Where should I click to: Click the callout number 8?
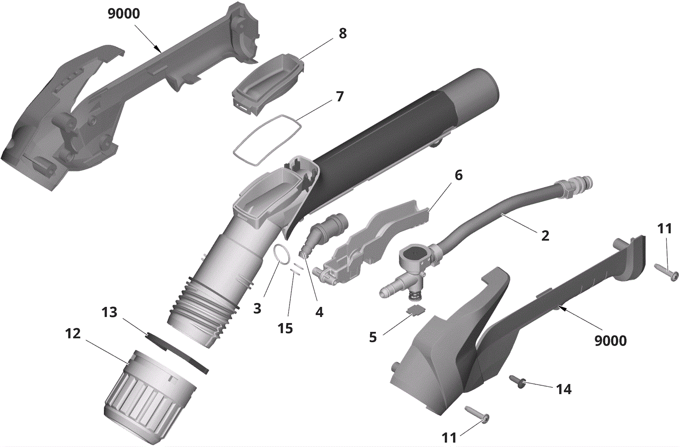(x=343, y=33)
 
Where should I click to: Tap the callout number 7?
(x=339, y=97)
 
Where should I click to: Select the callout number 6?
(x=458, y=175)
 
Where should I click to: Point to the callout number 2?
(x=545, y=236)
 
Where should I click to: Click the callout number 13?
(x=109, y=312)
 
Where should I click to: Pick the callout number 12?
(x=73, y=333)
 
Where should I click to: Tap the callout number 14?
(x=564, y=389)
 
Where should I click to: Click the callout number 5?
(x=373, y=337)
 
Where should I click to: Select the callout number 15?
(x=285, y=328)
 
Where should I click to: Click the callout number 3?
(x=257, y=308)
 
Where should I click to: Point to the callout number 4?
(x=319, y=312)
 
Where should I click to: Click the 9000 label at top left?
(x=123, y=14)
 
